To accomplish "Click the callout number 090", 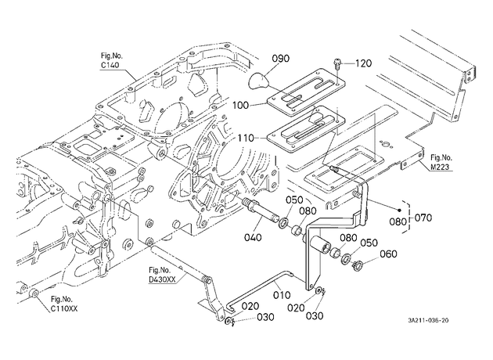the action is tap(280, 59).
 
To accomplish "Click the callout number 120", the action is tap(363, 63).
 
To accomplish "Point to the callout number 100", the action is tap(240, 105).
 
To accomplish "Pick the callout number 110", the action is tap(246, 138).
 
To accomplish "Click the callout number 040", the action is tap(253, 237).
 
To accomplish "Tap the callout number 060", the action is tap(389, 254).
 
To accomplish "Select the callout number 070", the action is tap(423, 218).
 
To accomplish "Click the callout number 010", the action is tap(282, 295).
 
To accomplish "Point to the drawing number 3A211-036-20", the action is tap(428, 321).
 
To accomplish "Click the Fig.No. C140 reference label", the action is tap(112, 60).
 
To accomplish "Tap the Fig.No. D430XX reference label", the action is tap(162, 275).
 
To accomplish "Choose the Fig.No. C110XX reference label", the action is tap(64, 304).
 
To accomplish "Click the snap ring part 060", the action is tap(357, 265).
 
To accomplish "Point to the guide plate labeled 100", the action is tap(306, 89).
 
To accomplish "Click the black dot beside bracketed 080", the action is tap(399, 211).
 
